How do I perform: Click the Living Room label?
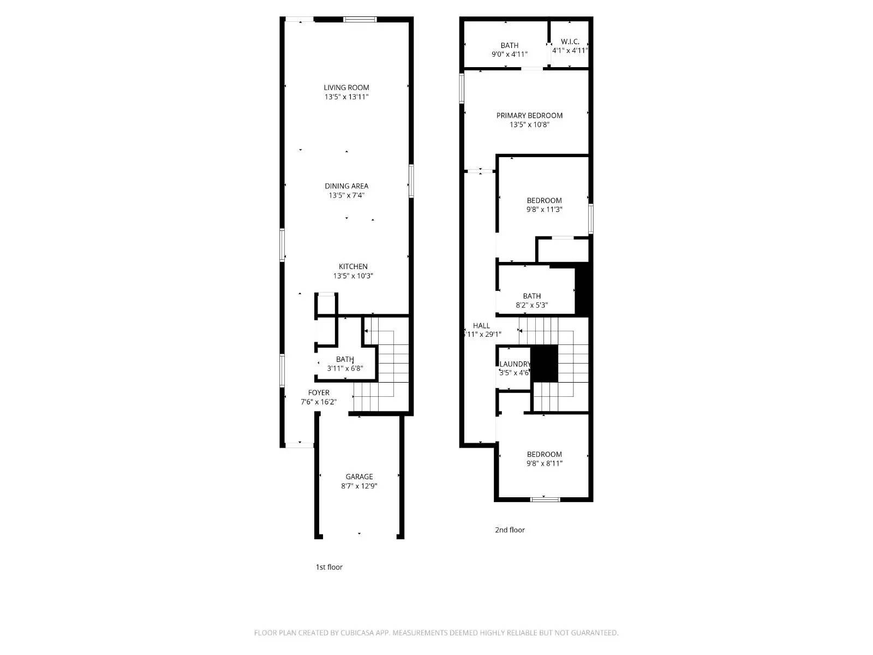tap(346, 87)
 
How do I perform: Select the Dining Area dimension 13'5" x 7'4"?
tap(346, 195)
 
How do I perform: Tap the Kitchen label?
tap(353, 266)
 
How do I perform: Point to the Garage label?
tap(359, 477)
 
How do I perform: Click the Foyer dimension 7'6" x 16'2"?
tap(319, 402)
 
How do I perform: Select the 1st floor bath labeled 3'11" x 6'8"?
tap(345, 364)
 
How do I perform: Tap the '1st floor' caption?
tap(329, 567)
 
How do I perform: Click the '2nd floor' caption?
tap(510, 530)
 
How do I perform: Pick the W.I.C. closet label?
tap(570, 41)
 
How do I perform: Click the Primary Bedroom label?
tap(529, 115)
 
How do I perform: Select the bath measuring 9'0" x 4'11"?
tap(510, 50)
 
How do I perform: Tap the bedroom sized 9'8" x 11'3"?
tap(544, 205)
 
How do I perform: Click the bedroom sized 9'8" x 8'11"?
tap(544, 458)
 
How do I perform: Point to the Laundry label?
tap(515, 364)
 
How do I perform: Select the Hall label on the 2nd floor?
tap(481, 325)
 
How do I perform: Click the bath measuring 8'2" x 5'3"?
tap(531, 300)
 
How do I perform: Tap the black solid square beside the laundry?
tap(545, 363)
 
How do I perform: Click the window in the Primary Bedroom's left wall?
tap(462, 88)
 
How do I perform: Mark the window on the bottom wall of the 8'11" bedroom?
tap(545, 499)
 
